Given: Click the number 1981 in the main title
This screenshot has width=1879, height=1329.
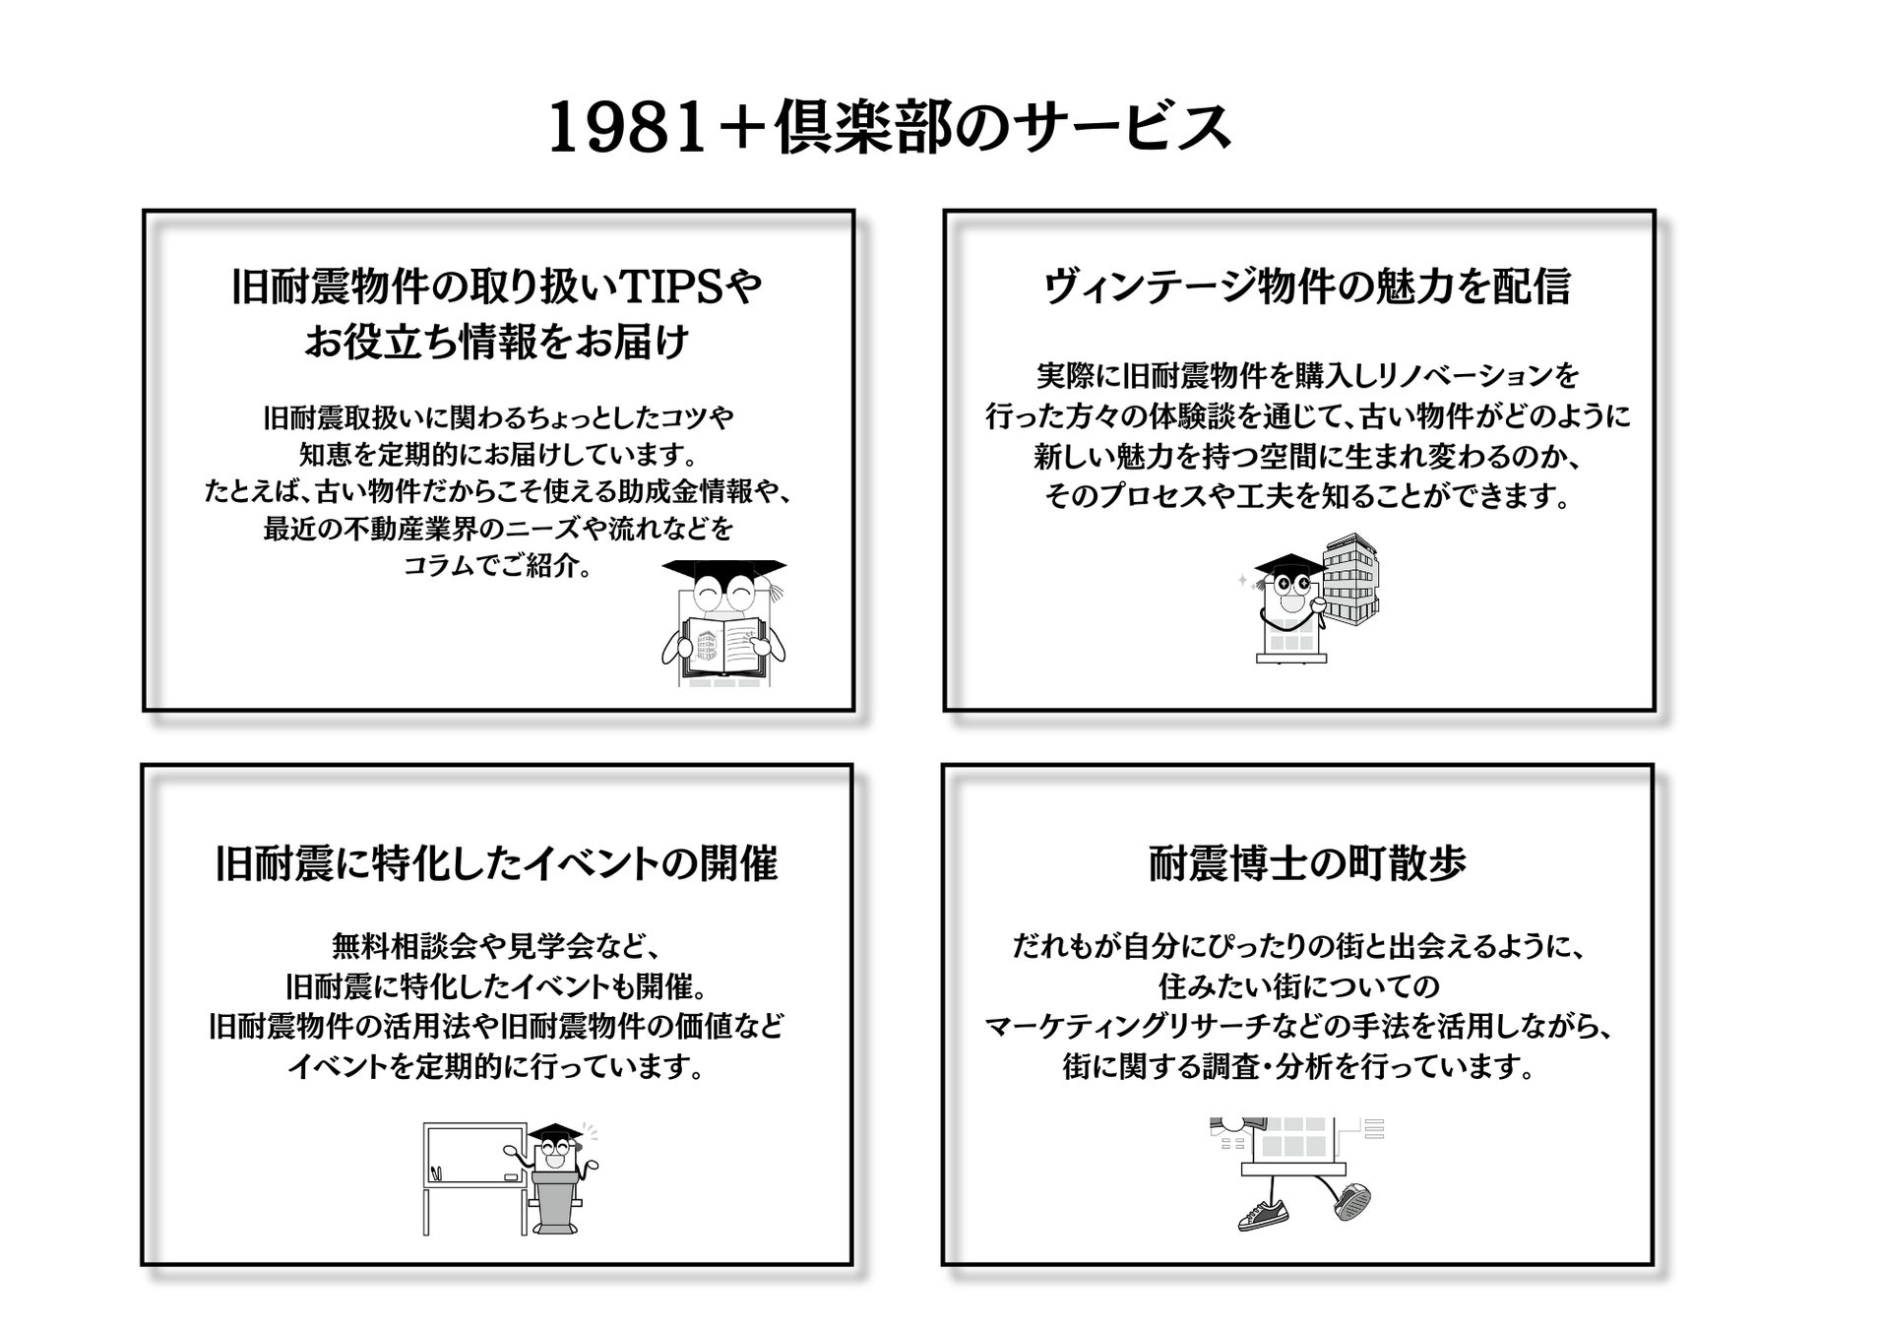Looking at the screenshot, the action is [627, 129].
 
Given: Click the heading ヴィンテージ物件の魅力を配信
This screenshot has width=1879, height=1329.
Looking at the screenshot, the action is [1306, 286].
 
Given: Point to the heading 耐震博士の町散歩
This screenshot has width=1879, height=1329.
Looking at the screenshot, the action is [1306, 863].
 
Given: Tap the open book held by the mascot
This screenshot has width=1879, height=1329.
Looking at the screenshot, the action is [723, 645].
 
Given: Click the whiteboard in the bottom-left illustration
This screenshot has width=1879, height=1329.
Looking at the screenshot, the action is [475, 1154].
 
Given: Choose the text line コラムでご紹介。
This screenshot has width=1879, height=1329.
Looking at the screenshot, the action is [497, 567].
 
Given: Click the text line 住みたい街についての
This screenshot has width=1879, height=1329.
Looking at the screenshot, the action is [1298, 986].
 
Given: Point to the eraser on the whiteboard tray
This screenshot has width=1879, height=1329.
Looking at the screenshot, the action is [510, 1176].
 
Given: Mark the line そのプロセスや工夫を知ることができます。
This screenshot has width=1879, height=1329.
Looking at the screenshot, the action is [1306, 496].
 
